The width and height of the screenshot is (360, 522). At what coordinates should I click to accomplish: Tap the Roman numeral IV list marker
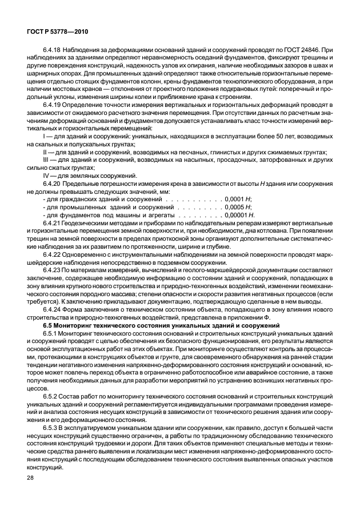(46, 176)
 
